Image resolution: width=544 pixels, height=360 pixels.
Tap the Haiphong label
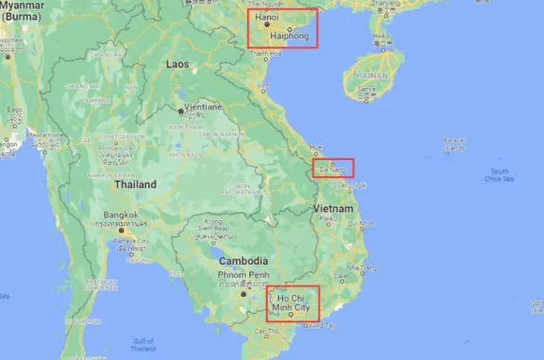pyautogui.click(x=289, y=36)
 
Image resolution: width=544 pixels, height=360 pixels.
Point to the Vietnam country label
pyautogui.click(x=333, y=208)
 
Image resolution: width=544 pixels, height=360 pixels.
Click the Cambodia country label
pyautogui.click(x=243, y=261)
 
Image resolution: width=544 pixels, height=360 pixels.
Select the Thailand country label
pyautogui.click(x=135, y=184)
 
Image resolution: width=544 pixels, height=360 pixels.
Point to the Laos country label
pyautogui.click(x=178, y=64)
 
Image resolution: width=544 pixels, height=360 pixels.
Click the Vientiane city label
pyautogui.click(x=198, y=107)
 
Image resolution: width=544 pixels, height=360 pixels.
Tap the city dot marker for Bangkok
pyautogui.click(x=123, y=230)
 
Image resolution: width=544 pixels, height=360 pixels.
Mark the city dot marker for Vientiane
pyautogui.click(x=180, y=112)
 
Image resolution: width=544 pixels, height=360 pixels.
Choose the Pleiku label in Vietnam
pyautogui.click(x=326, y=219)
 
